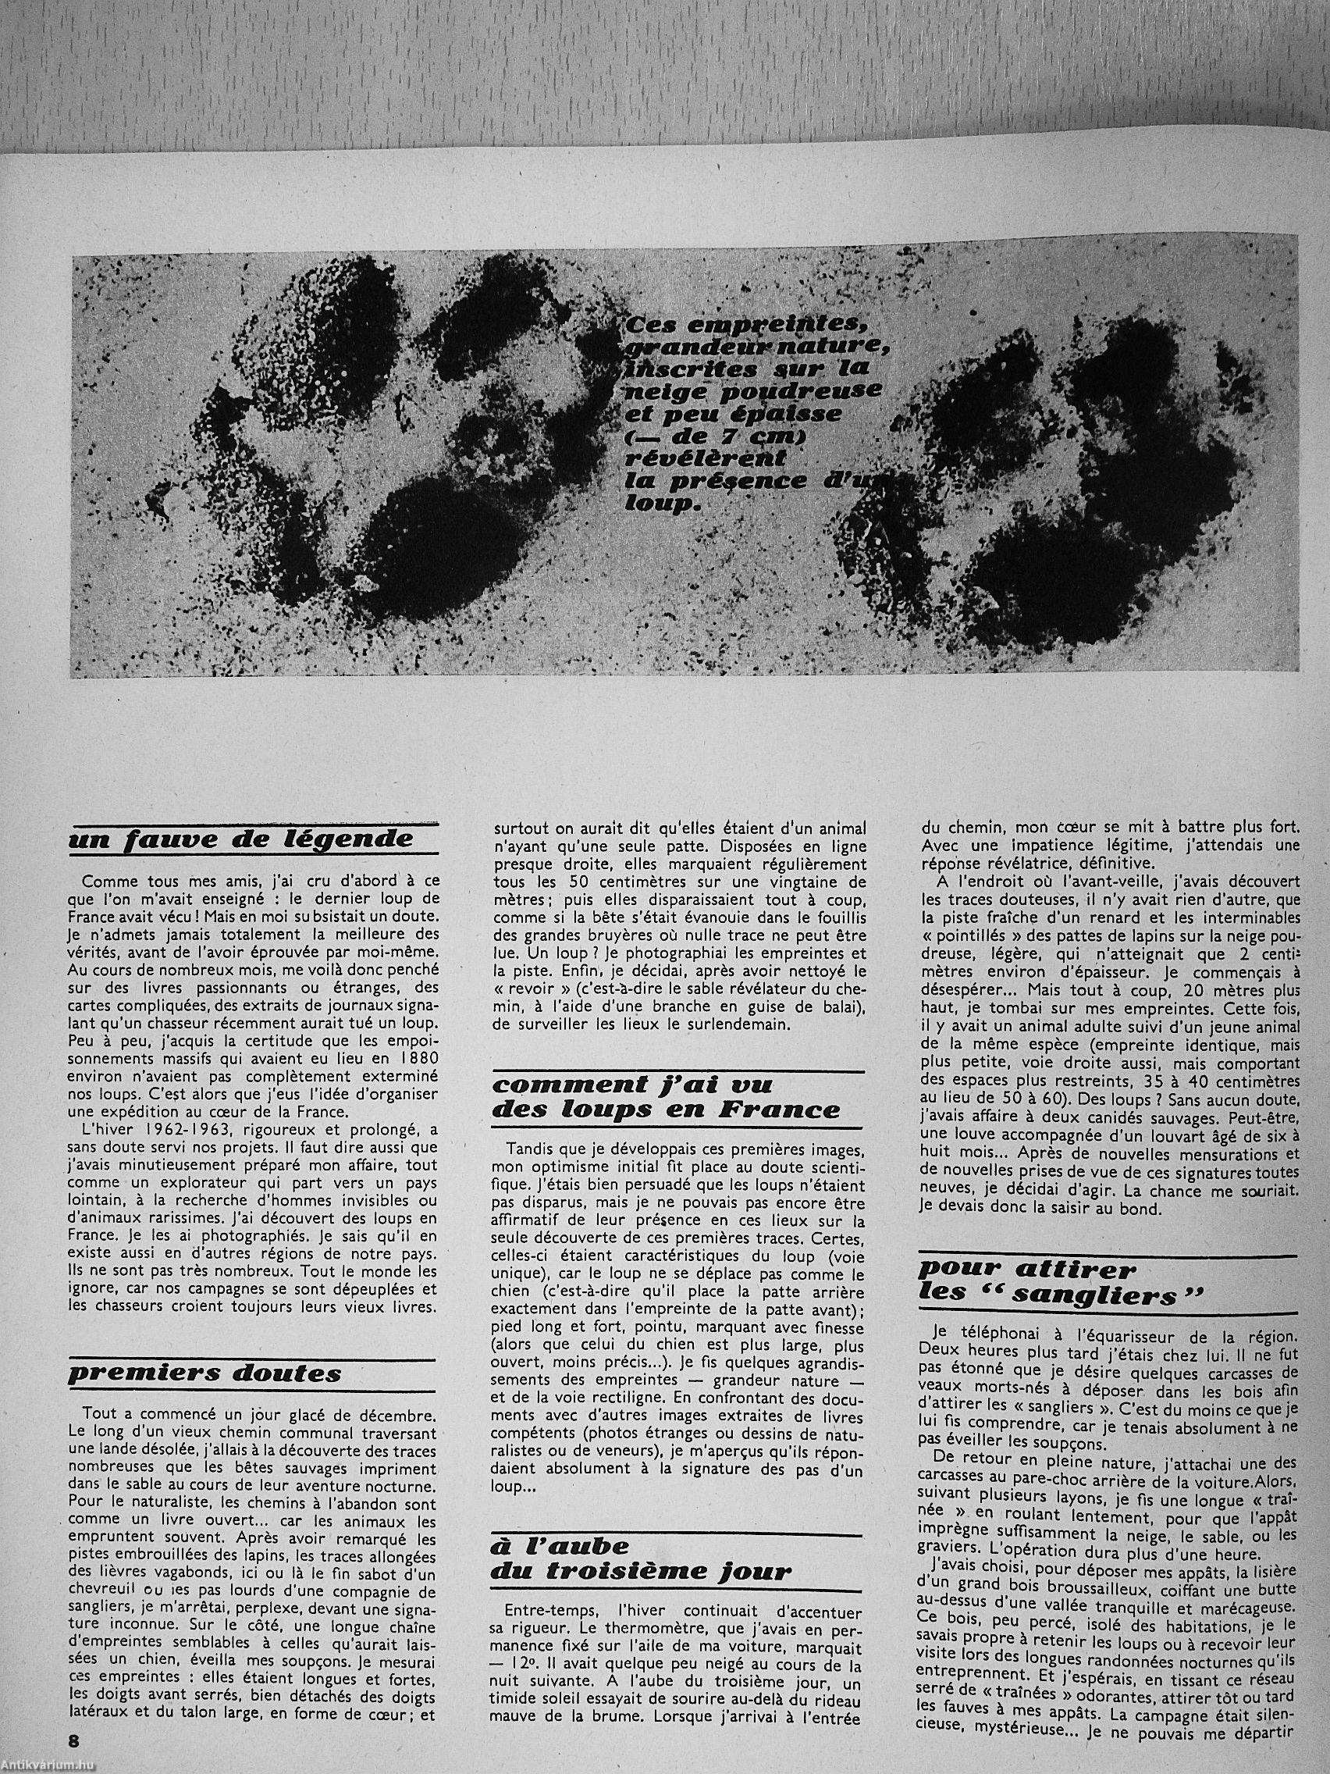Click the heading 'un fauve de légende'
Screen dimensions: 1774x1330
pyautogui.click(x=241, y=840)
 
